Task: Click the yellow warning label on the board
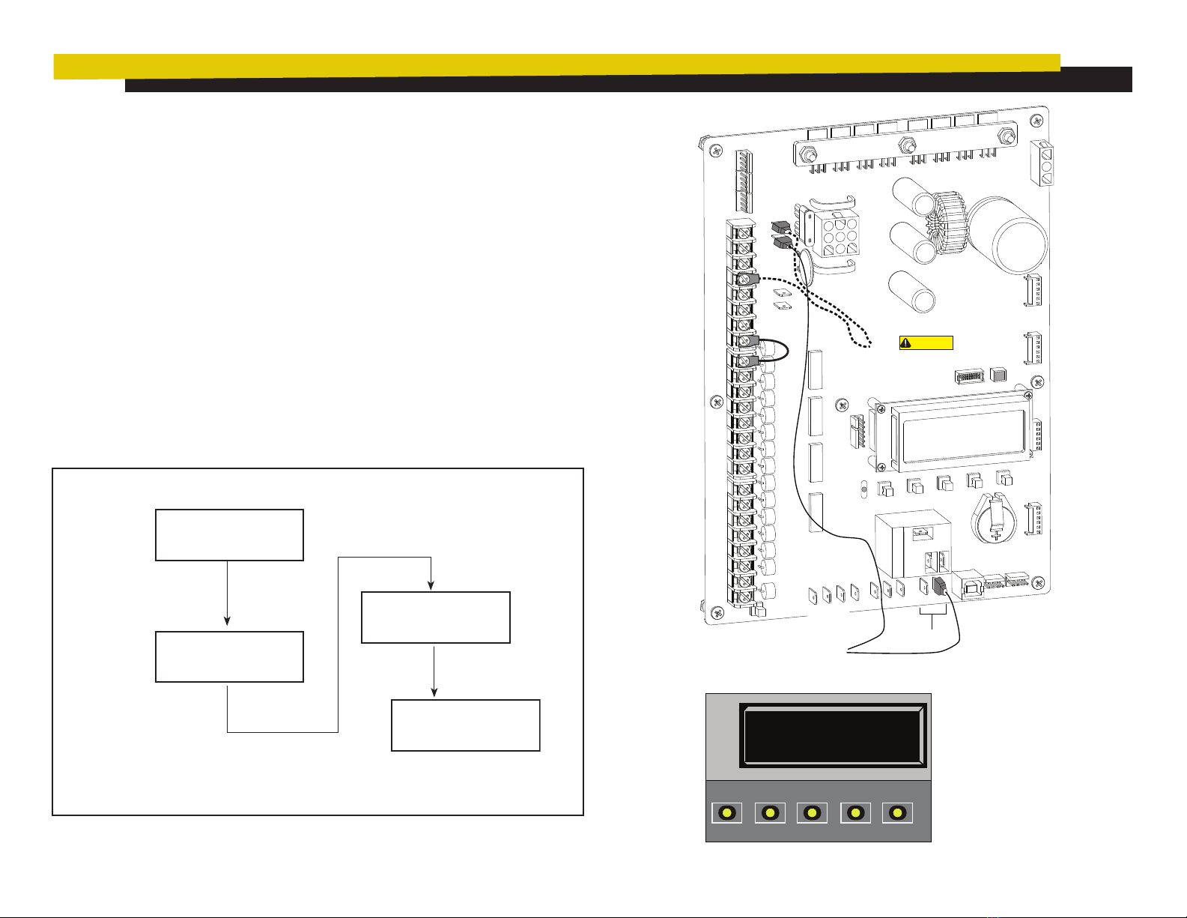pos(926,343)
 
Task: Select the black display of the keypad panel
pos(832,735)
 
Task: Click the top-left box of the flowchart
pos(229,535)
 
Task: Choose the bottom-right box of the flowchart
pos(465,725)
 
